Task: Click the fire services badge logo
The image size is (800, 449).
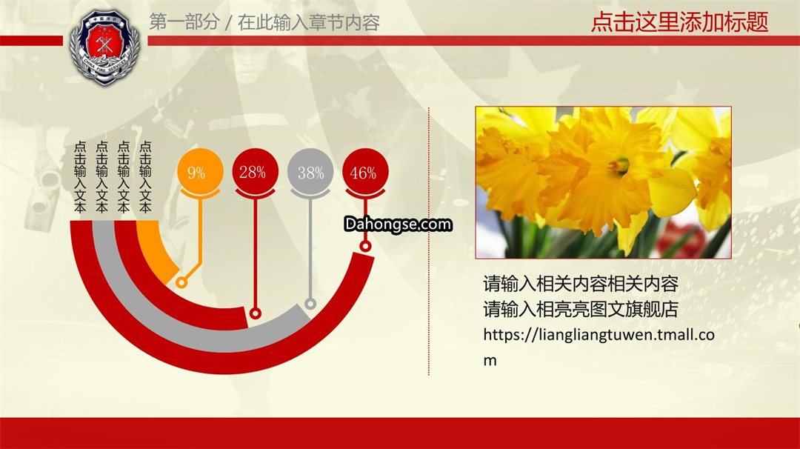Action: [x=104, y=47]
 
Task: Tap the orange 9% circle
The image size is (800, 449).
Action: [x=200, y=171]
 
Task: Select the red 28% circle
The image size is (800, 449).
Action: [x=255, y=171]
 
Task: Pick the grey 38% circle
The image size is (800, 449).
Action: [x=310, y=171]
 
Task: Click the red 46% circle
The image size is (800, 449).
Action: [x=365, y=171]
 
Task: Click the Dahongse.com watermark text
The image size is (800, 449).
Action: [x=398, y=224]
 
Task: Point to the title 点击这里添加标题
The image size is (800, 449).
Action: [x=679, y=22]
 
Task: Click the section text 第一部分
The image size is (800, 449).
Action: [x=184, y=22]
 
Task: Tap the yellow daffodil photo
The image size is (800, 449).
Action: [x=603, y=182]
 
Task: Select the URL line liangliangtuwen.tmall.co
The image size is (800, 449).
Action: [x=599, y=335]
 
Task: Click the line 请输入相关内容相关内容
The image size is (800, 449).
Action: [x=581, y=284]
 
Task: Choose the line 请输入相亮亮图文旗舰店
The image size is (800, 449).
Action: [x=581, y=309]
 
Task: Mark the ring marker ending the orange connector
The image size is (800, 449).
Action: [x=181, y=282]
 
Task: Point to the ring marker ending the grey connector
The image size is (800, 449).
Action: [x=310, y=304]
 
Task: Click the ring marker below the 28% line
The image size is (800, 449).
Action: [x=256, y=313]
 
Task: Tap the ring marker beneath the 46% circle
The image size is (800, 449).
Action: [x=365, y=247]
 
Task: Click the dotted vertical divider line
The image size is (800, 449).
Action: [x=429, y=241]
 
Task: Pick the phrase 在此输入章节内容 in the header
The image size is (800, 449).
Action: [x=309, y=22]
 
